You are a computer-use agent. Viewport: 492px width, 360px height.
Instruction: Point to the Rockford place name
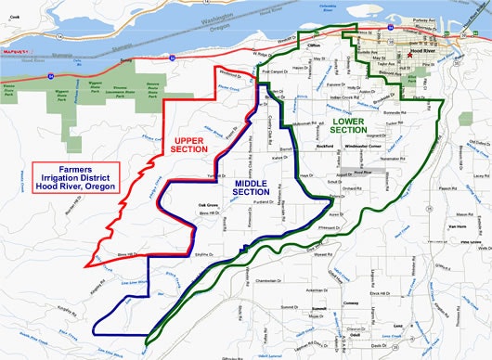click(x=323, y=146)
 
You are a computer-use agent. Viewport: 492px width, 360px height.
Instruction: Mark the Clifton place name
click(x=314, y=44)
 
